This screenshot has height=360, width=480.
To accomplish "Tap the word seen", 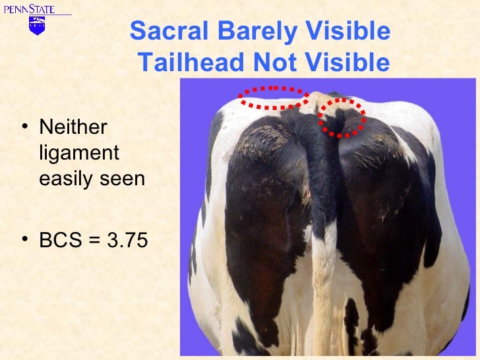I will coord(123,178).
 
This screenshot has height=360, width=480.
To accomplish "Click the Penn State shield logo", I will coord(37,26).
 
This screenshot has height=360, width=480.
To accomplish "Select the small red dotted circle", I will coord(342,117).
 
